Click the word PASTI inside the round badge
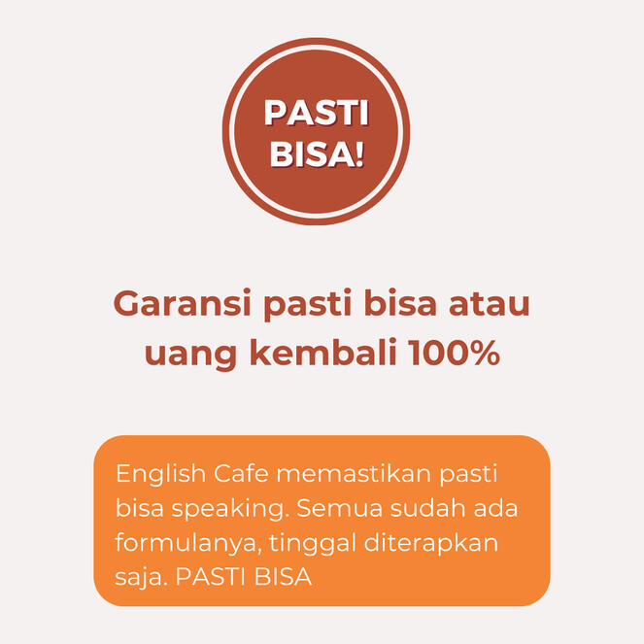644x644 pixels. pyautogui.click(x=316, y=113)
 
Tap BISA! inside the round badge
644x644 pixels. pyautogui.click(x=317, y=154)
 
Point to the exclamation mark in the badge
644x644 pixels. pyautogui.click(x=359, y=154)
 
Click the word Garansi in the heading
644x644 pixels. pyautogui.click(x=182, y=303)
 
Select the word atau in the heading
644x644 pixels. pyautogui.click(x=489, y=304)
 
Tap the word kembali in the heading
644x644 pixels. pyautogui.click(x=323, y=352)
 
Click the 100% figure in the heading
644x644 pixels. pyautogui.click(x=455, y=353)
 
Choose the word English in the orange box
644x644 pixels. pyautogui.click(x=160, y=475)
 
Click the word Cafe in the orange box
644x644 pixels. pyautogui.click(x=241, y=474)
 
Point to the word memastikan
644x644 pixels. pyautogui.click(x=354, y=474)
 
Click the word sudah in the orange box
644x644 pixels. pyautogui.click(x=428, y=508)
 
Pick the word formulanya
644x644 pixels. pyautogui.click(x=188, y=544)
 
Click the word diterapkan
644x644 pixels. pyautogui.click(x=431, y=544)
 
